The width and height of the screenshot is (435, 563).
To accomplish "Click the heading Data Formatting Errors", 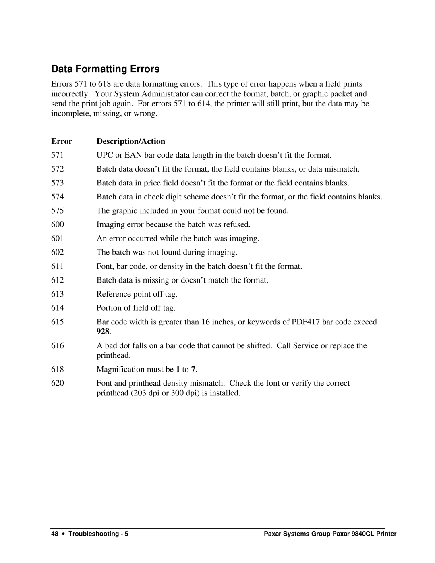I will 106,69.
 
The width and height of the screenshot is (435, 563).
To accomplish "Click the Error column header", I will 62,141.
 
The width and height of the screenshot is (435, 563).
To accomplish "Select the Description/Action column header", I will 131,141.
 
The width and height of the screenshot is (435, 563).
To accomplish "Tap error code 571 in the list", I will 57,155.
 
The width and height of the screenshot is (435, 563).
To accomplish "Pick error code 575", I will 57,211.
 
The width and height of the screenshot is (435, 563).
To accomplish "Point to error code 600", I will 57,224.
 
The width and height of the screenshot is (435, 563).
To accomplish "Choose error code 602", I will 57,252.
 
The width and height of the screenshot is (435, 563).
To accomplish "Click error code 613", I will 57,294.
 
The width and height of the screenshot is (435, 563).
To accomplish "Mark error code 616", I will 57,346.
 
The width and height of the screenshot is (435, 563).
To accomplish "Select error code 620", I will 57,383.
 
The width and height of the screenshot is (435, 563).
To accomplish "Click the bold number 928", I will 103,332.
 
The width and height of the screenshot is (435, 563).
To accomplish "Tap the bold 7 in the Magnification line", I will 193,370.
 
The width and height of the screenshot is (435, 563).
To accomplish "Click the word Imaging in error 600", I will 110,224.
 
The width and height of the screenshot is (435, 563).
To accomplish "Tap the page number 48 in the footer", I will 55,534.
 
